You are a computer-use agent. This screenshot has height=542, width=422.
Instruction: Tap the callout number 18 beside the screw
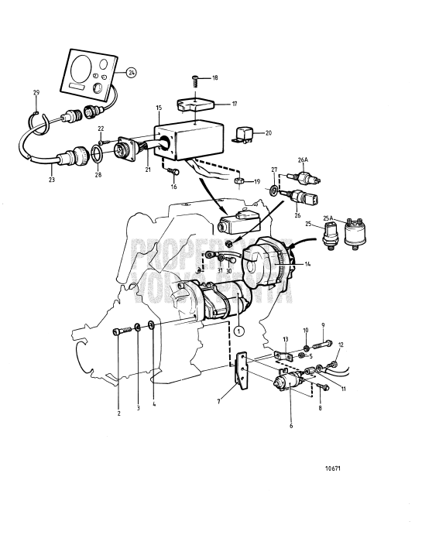point(214,79)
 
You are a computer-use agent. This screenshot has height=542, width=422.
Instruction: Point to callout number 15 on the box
point(159,108)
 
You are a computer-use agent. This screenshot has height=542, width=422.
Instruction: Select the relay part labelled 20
point(247,135)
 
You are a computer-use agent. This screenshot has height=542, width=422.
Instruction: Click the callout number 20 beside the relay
point(269,132)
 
